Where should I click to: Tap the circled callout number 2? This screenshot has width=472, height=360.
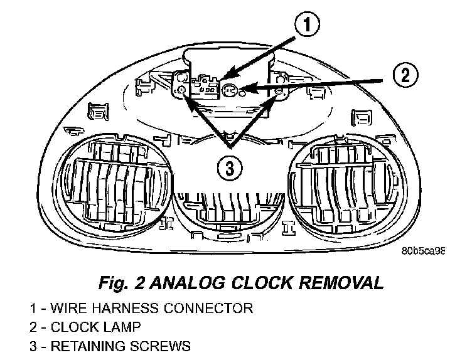[405, 76]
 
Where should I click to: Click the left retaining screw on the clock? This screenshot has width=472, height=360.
[181, 90]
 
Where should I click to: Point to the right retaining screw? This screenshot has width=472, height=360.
[279, 91]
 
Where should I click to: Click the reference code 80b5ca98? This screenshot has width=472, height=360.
[422, 250]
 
